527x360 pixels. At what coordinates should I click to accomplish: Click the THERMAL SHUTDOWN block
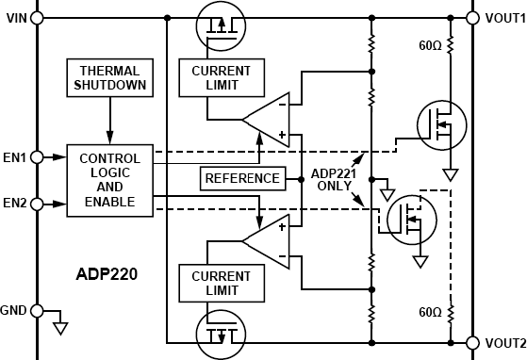(109, 77)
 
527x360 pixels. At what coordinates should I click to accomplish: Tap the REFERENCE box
(242, 178)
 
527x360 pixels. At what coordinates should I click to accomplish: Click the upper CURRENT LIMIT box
(221, 78)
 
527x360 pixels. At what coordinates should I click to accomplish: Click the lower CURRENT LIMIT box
(221, 282)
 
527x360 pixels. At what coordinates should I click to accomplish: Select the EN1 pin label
(15, 155)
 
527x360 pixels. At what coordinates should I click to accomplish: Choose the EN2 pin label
(15, 203)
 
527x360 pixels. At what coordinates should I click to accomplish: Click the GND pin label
(15, 309)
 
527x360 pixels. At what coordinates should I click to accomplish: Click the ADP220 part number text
(107, 277)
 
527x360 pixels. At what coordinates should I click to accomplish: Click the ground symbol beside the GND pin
(60, 327)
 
